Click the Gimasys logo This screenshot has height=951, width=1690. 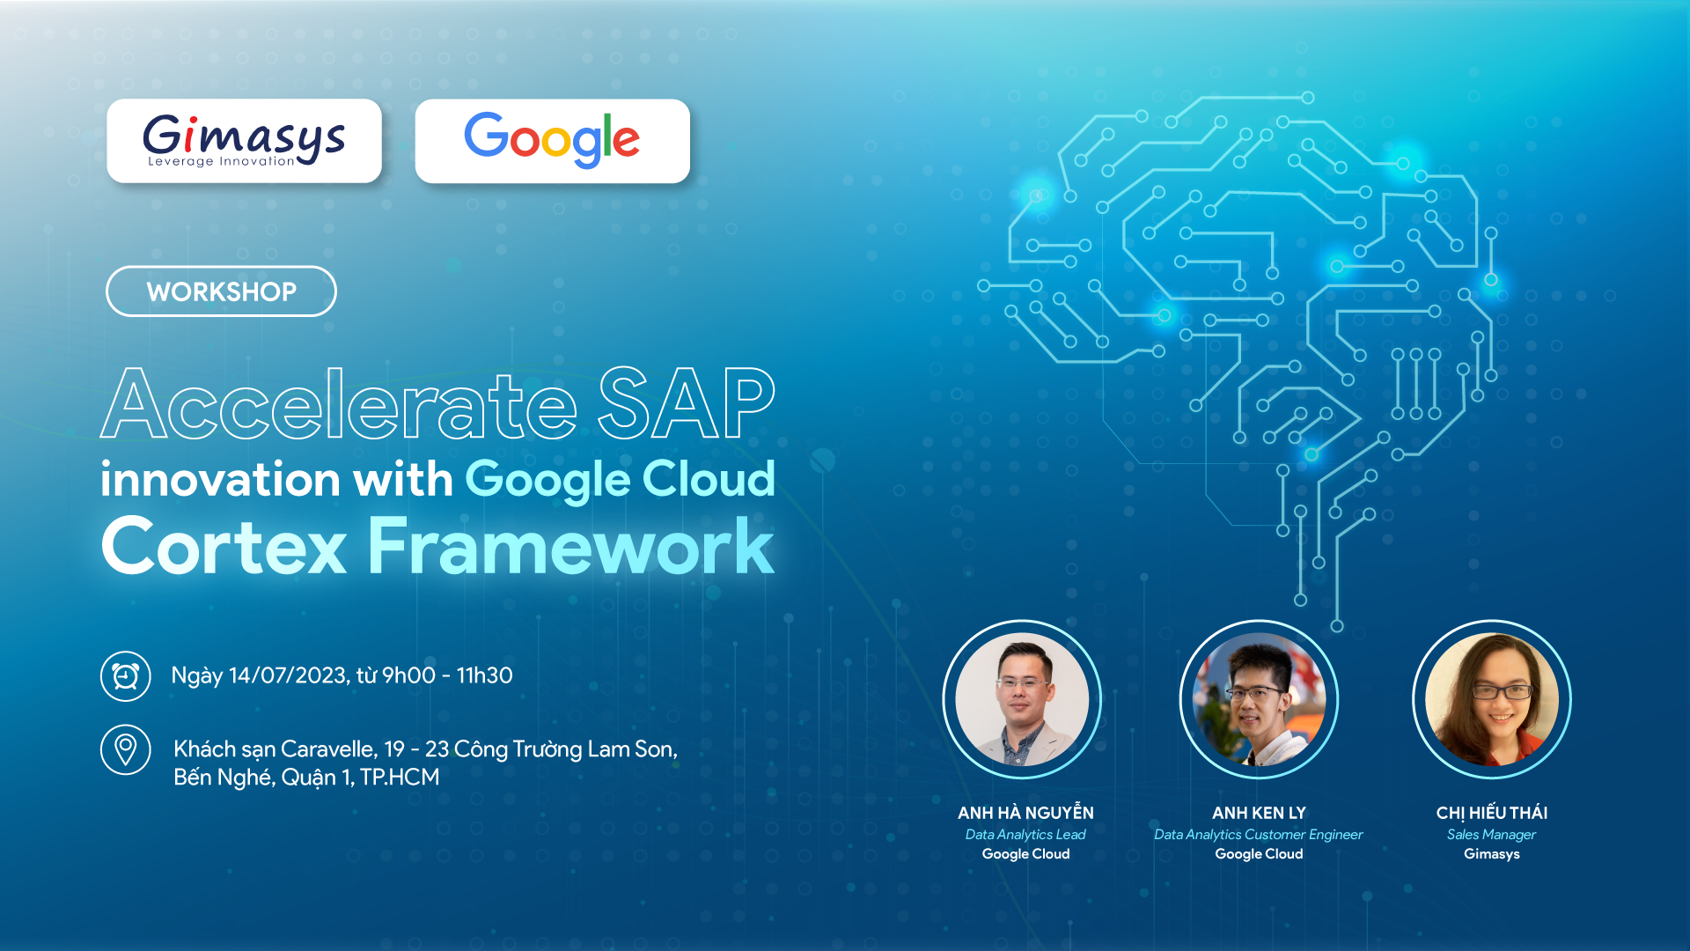[244, 141]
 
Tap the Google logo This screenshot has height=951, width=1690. [552, 141]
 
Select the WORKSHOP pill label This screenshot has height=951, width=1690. [221, 291]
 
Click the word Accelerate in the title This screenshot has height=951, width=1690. [339, 405]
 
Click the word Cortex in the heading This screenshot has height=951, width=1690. [224, 547]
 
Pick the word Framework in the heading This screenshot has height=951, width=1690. [570, 547]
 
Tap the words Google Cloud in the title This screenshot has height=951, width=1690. [620, 480]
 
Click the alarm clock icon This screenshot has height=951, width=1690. [126, 676]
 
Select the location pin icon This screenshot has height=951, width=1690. [126, 749]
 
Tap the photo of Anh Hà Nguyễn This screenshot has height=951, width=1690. [1022, 699]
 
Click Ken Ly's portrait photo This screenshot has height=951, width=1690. [1259, 699]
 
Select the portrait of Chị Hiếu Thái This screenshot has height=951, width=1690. [1492, 699]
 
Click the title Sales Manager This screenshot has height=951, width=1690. [1491, 835]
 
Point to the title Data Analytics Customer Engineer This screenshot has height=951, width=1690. [1258, 835]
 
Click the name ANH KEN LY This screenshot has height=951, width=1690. [1259, 813]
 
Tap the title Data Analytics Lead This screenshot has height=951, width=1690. [1025, 835]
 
